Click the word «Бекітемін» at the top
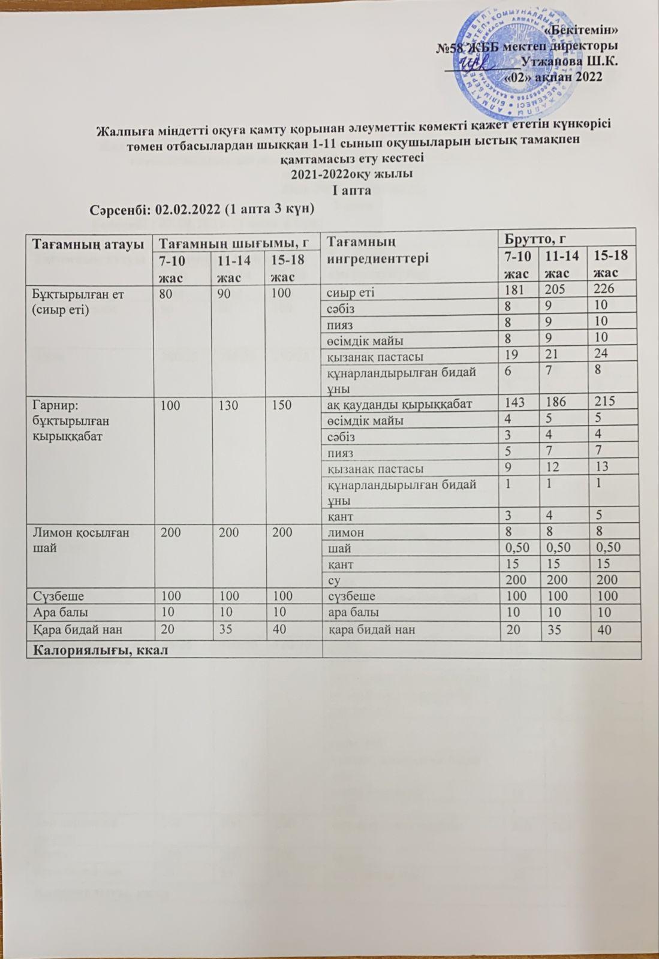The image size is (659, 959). (586, 30)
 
